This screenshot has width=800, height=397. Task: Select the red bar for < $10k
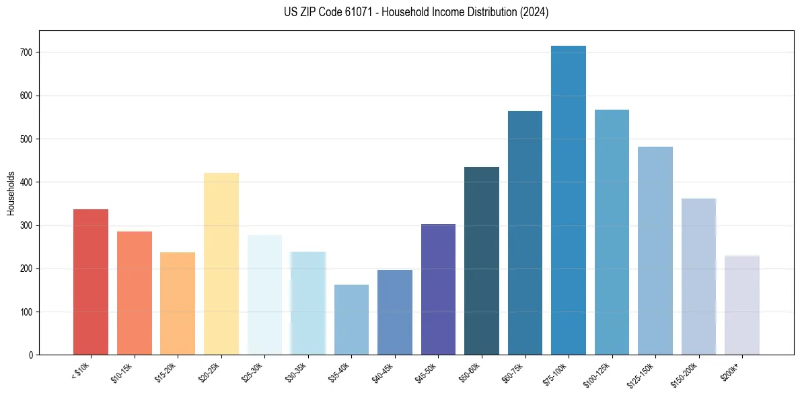point(91,282)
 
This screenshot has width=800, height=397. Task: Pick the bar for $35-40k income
point(351,320)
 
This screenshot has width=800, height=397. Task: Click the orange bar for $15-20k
point(178,303)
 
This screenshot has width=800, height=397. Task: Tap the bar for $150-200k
point(698,277)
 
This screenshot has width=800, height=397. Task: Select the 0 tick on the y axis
point(32,355)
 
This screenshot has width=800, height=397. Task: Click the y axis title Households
point(11,192)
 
